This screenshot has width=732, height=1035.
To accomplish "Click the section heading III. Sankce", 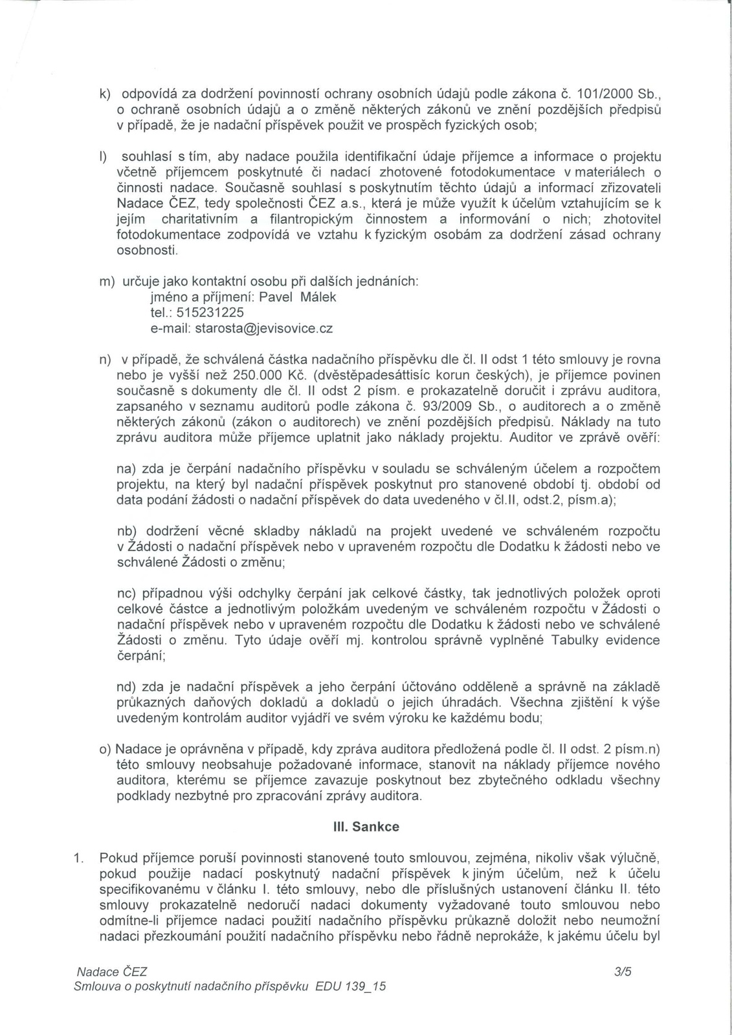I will (x=366, y=827).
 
